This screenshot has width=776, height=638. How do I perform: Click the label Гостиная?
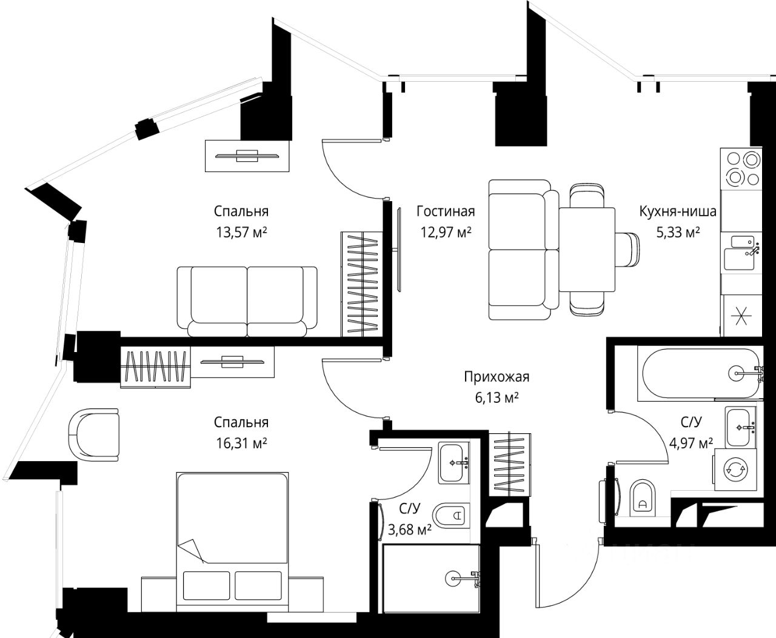pos(446,211)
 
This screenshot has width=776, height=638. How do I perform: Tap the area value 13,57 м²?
pos(241,233)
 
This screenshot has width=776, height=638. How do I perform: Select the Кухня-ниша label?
pos(678,211)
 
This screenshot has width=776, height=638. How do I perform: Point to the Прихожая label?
pos(497,377)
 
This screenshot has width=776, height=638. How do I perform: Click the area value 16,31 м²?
pos(241,444)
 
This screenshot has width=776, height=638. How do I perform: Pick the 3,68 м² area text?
pos(410,530)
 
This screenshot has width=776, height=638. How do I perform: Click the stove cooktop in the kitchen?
pos(741,169)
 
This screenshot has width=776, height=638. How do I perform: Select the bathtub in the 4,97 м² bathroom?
pos(698,373)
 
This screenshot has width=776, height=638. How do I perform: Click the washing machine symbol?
pos(735,469)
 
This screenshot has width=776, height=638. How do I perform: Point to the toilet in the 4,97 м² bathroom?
pos(643,498)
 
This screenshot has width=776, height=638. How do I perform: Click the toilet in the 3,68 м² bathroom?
pos(451,516)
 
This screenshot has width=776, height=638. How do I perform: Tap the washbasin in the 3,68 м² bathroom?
pos(453,463)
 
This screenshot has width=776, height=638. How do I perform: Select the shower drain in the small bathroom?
pos(453,579)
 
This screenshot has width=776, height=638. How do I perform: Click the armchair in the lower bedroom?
pos(93,434)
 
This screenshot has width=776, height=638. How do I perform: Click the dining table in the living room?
pos(587,250)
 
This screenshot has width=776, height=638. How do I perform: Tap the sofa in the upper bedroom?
pos(247,302)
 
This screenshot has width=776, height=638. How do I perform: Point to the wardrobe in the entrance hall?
pos(510,465)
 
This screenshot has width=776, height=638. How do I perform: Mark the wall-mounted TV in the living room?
pos(399,250)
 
